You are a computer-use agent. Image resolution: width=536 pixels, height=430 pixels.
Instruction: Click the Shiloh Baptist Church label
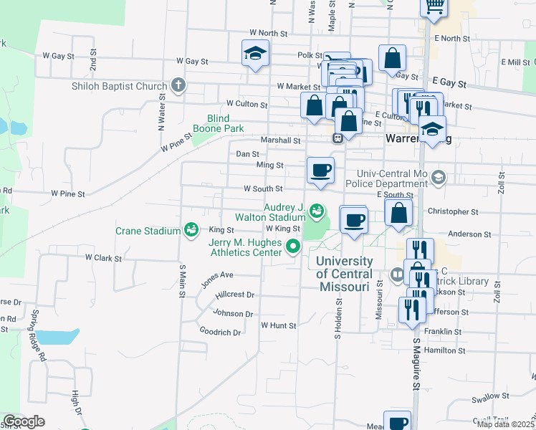[x=119, y=87]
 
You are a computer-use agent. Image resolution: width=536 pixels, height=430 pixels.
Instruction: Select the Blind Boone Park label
[x=218, y=123]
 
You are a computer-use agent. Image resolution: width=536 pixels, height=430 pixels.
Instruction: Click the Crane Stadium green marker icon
[x=191, y=230]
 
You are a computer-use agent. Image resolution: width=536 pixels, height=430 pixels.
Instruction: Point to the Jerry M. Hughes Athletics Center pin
[x=292, y=247]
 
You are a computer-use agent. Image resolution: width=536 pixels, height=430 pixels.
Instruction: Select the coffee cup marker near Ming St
[x=320, y=170]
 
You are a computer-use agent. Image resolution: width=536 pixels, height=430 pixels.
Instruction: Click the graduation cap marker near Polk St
[x=255, y=54]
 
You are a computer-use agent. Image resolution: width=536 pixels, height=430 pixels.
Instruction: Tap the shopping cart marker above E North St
[x=434, y=6]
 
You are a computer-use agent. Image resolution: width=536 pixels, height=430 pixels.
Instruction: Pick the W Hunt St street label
[x=278, y=325]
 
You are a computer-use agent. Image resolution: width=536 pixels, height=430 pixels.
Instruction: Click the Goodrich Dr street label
[x=220, y=333]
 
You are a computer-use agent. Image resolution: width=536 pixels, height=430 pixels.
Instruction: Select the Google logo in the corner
[x=24, y=421]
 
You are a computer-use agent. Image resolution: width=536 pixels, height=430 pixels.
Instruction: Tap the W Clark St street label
[x=104, y=257]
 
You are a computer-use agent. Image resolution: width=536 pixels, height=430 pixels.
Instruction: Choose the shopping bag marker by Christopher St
[x=398, y=212]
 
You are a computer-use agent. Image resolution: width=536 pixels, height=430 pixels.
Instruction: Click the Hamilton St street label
[x=444, y=350]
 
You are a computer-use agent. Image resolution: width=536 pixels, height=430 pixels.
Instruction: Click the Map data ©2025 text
[x=504, y=424]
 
